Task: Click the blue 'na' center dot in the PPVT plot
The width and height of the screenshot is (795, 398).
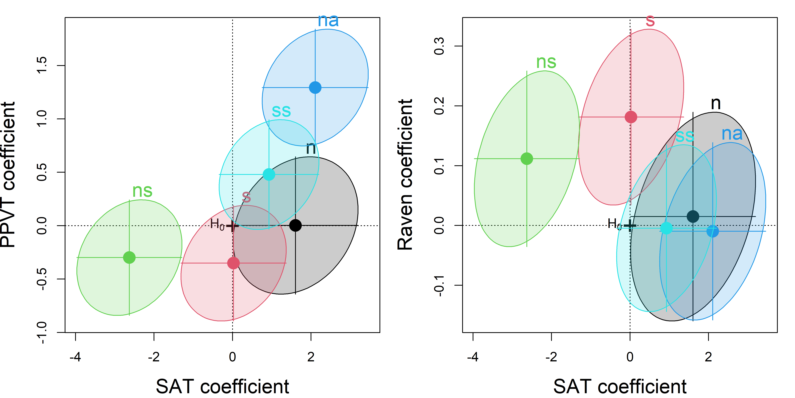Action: [x=315, y=88]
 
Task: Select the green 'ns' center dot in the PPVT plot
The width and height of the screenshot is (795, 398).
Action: [x=129, y=257]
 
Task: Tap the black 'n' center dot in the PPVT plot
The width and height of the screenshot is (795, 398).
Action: [x=295, y=225]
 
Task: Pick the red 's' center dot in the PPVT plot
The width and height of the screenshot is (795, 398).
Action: [x=233, y=263]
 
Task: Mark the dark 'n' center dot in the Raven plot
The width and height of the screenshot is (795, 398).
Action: [x=693, y=216]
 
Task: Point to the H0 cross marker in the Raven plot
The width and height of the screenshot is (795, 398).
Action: [x=630, y=226]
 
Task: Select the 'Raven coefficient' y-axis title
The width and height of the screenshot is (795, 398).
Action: [x=405, y=175]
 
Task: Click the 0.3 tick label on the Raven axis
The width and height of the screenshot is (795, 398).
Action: [x=439, y=46]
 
